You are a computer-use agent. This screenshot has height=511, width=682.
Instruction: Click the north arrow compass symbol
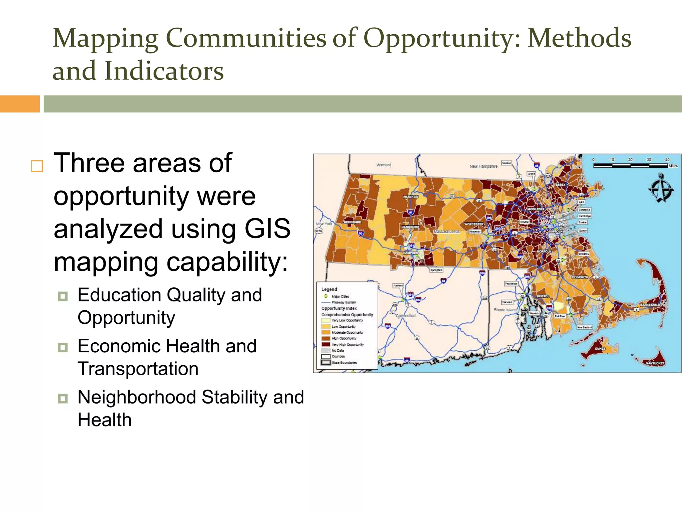661,188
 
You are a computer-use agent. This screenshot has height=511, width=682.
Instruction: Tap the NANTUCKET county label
655,363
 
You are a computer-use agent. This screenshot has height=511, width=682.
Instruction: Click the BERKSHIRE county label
352,222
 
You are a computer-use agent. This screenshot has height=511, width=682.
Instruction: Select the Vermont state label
384,165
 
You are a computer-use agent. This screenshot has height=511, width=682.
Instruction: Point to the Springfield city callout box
436,270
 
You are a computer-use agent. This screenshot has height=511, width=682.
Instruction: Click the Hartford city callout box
398,285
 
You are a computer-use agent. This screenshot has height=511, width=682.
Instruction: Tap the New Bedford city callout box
584,327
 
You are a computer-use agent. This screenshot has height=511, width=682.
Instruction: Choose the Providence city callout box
511,284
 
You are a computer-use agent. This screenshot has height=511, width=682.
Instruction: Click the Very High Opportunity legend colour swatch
326,344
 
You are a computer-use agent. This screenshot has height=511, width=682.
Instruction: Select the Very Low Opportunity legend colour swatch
326,320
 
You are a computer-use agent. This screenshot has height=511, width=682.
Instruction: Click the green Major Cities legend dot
326,296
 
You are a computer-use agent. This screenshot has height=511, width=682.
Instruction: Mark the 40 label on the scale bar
667,160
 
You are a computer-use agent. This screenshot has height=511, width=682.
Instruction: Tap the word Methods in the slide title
579,38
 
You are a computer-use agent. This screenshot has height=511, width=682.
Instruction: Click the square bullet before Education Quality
63,296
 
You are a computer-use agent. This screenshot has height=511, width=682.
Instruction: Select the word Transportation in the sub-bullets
138,369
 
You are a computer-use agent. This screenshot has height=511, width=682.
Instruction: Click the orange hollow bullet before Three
37,166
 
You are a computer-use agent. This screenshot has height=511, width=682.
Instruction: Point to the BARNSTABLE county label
650,305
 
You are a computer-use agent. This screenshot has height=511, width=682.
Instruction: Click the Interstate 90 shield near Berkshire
361,233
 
